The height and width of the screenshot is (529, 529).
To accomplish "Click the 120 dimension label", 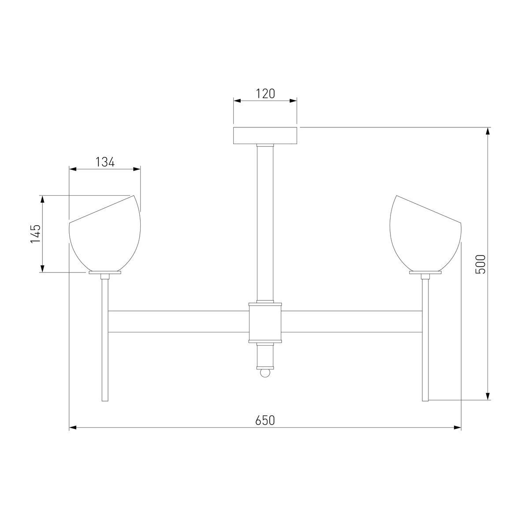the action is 265,93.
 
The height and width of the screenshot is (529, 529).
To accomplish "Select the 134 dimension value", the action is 105,162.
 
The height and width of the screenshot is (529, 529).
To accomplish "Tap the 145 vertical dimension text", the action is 35,234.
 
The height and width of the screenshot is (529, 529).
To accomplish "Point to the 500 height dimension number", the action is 481,264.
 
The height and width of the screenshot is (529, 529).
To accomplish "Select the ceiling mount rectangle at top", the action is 265,136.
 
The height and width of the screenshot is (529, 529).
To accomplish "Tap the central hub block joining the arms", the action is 265,323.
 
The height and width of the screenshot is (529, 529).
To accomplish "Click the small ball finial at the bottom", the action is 265,373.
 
